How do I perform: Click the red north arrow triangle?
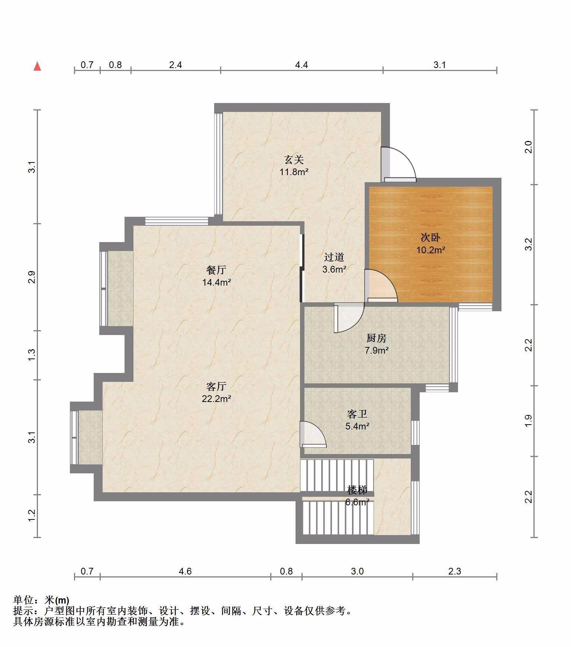pos(37,66)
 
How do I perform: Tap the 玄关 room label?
pos(294,160)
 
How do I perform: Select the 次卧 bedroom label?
pos(430,237)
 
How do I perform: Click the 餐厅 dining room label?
pos(216,270)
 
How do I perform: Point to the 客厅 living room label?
pos(216,386)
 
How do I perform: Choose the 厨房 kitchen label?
pos(377,338)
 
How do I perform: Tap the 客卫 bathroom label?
pos(357,414)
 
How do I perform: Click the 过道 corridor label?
pos(334,257)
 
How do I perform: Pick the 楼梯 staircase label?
pos(357,490)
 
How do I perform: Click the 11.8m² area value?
pos(294,172)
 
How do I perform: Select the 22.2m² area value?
pos(216,399)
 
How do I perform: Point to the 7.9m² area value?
pos(377,350)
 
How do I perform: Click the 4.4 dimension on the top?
pos(301,65)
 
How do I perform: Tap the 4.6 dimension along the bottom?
pos(185,571)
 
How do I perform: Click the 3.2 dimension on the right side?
pos(529,244)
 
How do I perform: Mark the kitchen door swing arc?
pos(355,323)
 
